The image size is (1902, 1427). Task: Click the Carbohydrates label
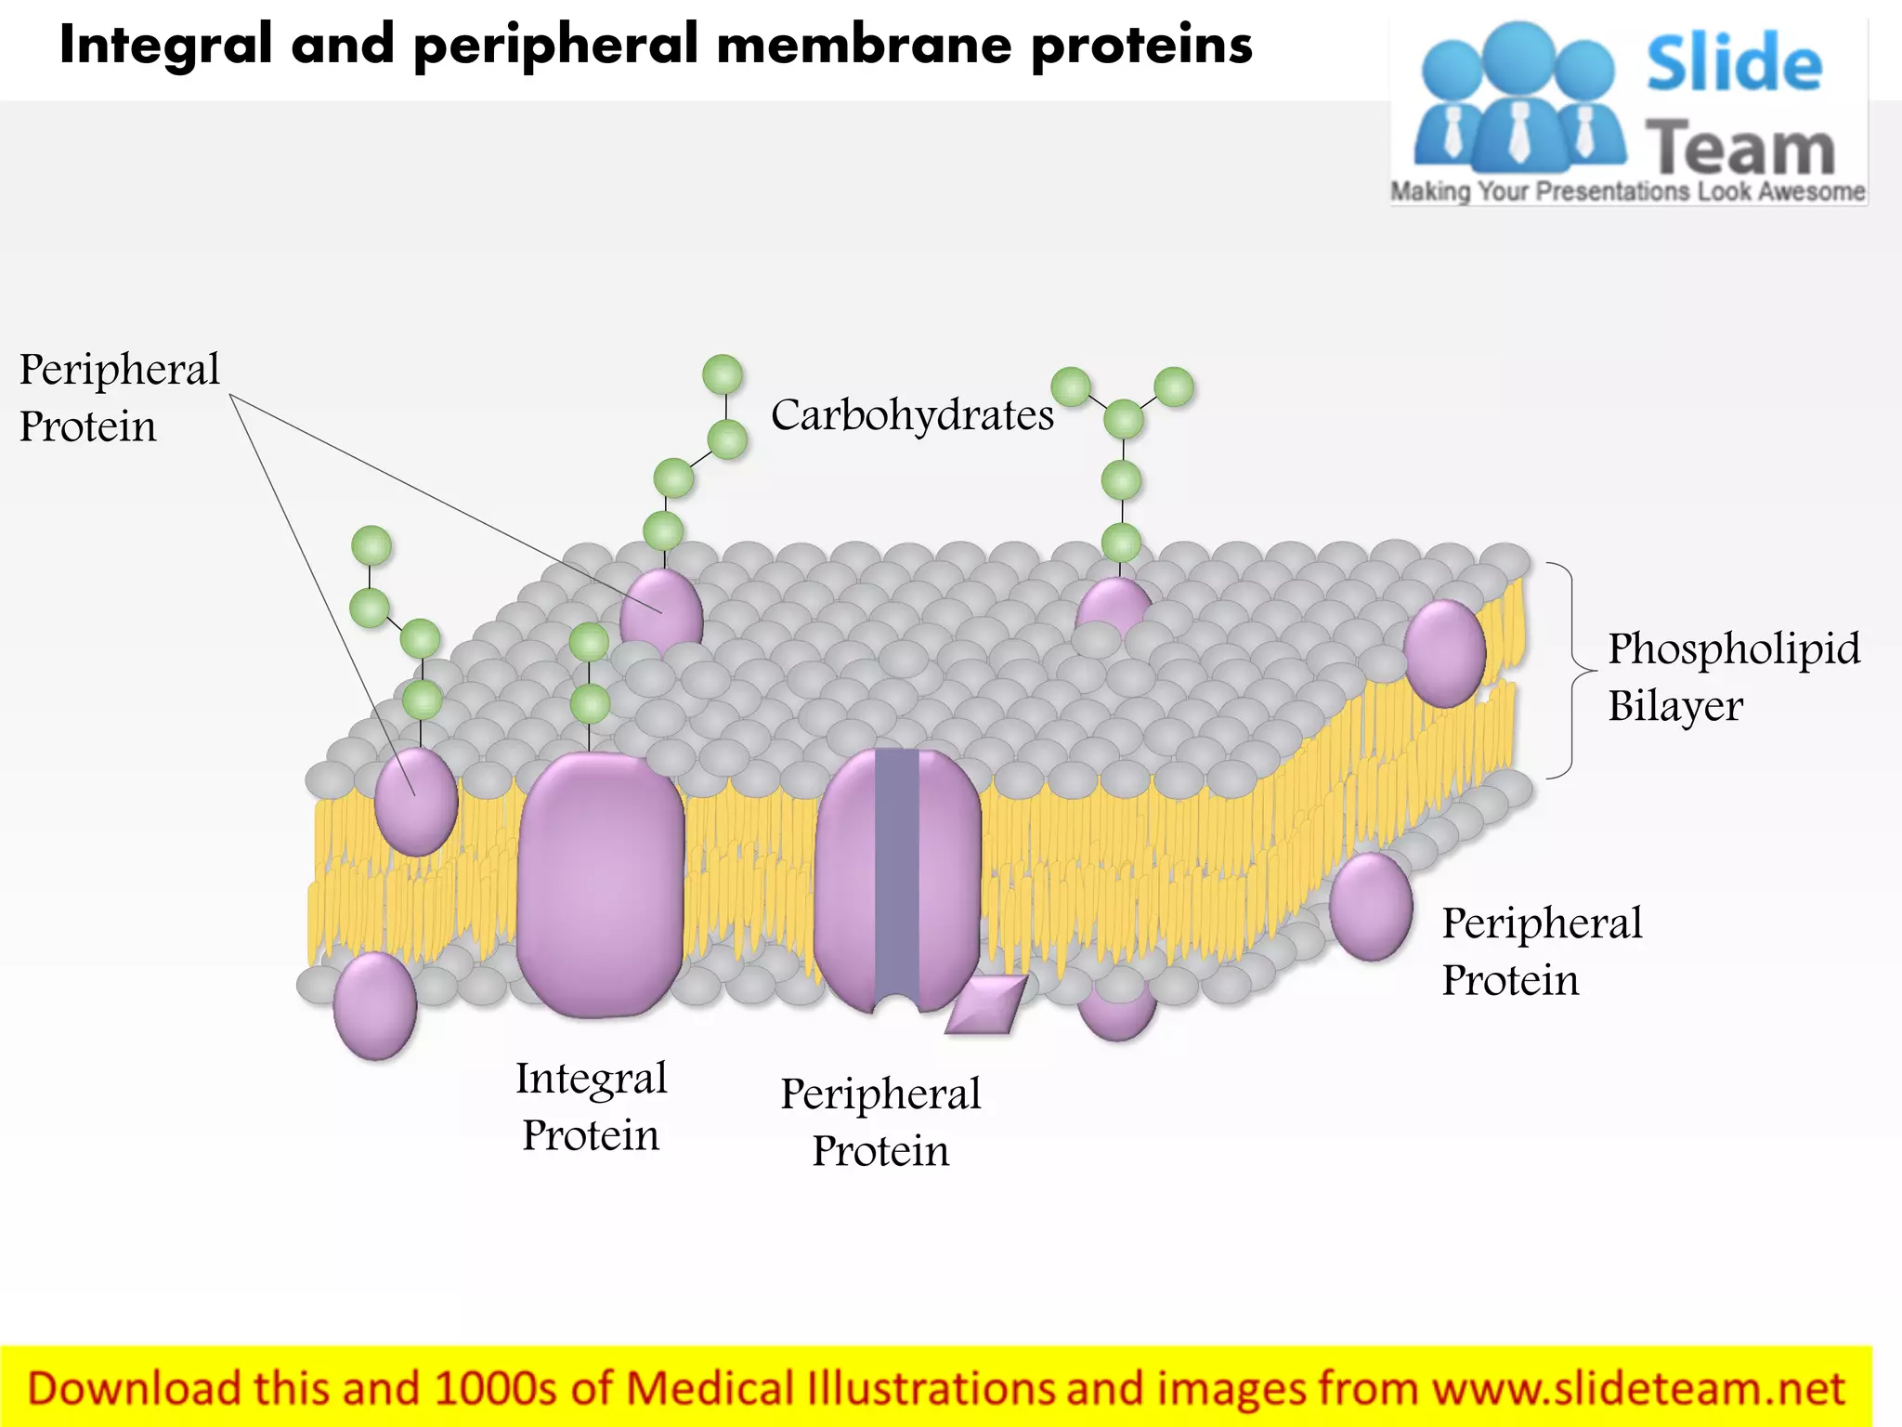(x=912, y=415)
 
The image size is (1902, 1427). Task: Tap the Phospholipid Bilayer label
(x=1733, y=676)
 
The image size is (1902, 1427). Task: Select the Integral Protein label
(x=592, y=1106)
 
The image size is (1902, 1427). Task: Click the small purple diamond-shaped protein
(x=986, y=1004)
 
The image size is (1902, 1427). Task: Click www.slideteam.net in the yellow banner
(x=1638, y=1388)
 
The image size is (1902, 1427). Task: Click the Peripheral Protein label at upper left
(x=119, y=398)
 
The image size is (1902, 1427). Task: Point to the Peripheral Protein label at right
(x=1542, y=951)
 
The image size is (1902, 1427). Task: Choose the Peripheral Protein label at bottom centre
(x=880, y=1122)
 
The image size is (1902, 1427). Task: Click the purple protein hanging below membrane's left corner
(x=374, y=1005)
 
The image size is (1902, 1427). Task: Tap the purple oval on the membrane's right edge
(x=1445, y=653)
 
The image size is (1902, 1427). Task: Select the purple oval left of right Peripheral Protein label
(x=1371, y=906)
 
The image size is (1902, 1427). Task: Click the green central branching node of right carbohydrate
(x=1124, y=419)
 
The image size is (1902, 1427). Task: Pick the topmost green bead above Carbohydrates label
(x=723, y=374)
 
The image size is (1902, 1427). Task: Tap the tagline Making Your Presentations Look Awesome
(x=1627, y=191)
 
